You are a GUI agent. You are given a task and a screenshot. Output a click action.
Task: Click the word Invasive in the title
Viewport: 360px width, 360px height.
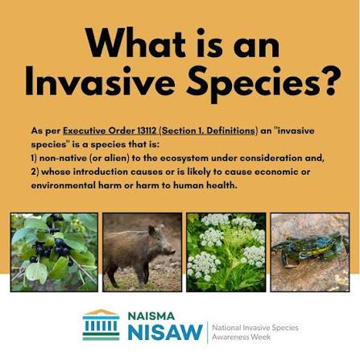(x=100, y=81)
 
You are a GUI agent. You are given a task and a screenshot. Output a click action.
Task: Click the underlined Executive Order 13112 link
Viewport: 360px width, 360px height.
(x=110, y=131)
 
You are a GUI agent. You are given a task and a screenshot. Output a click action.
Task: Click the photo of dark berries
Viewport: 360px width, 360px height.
(x=54, y=252)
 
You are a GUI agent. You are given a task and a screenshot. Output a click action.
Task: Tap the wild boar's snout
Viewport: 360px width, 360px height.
(x=172, y=252)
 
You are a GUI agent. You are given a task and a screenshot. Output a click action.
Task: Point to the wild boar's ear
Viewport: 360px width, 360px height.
(x=152, y=230)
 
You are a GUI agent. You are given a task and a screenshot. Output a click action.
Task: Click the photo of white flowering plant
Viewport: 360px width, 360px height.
(x=226, y=252)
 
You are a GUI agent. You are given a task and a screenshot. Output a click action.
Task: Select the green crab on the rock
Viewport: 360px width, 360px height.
(x=308, y=248)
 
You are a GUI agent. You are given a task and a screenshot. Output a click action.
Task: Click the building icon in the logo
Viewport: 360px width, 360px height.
(x=101, y=325)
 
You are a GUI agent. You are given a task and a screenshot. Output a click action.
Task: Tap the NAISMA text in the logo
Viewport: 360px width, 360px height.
(x=151, y=316)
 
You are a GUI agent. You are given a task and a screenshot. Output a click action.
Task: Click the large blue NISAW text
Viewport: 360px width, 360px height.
(x=165, y=332)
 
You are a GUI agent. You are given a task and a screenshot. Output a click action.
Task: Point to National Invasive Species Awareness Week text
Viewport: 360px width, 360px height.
(x=255, y=332)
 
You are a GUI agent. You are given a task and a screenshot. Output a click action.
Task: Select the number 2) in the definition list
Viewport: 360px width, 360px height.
(x=35, y=172)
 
